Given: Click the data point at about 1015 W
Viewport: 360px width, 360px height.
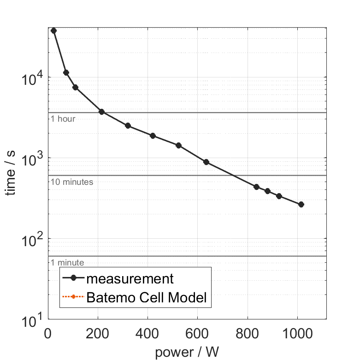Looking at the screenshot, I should pos(301,204).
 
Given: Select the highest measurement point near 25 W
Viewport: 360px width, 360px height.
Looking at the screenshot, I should pos(53,30).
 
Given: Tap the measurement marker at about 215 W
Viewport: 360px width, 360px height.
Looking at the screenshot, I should pos(101,112).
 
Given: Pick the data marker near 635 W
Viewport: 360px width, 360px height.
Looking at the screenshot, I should pos(206,162).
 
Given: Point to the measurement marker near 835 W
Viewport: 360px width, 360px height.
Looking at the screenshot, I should pos(256,187).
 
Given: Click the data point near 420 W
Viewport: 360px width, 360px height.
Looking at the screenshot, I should pos(153,136).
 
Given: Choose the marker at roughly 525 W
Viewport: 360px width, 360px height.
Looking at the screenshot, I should pos(179,145).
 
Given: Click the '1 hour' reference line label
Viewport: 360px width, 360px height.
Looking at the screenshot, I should pos(63,119).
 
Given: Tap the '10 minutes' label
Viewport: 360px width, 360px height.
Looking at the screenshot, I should pos(72,182).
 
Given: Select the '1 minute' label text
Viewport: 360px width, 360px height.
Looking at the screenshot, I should pos(67,263).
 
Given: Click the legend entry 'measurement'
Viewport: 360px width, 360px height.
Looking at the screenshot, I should pos(130,279).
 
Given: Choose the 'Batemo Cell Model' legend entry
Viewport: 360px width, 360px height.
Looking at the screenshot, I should pos(146,298).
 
